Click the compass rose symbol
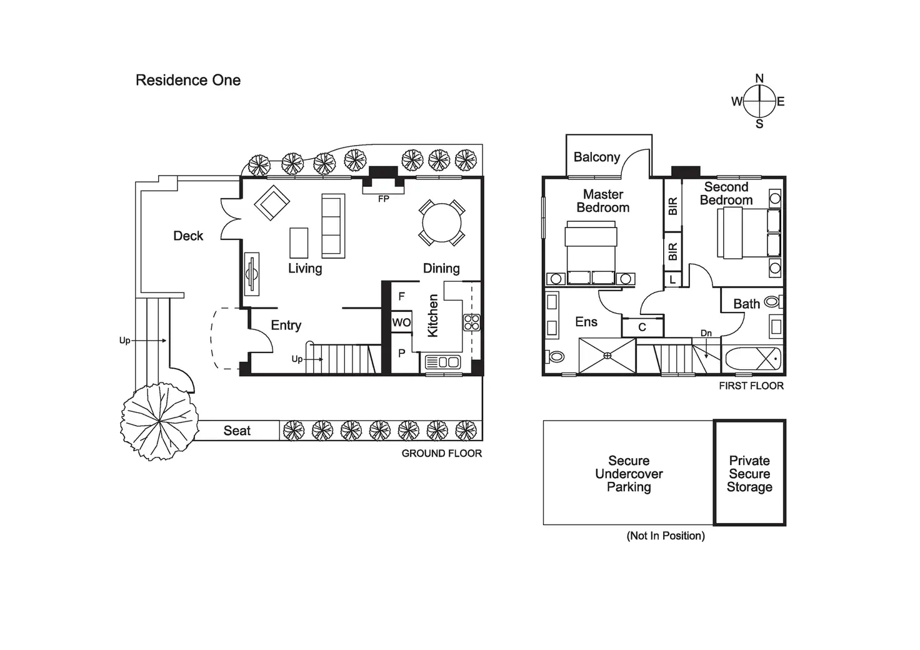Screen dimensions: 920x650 tap(759, 101)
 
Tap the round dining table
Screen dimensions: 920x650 tap(442, 222)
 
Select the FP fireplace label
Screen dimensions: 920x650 tap(383, 199)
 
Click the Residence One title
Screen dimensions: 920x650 tap(188, 80)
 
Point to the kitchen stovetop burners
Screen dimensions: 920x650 tap(472, 322)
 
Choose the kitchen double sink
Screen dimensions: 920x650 tap(442, 362)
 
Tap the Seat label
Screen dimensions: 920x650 tap(237, 431)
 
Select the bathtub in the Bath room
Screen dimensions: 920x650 tap(752, 359)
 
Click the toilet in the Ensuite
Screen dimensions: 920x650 tap(555, 356)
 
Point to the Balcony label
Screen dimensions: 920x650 tap(597, 157)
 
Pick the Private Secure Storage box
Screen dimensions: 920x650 tap(749, 473)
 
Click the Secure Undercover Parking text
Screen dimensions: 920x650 tap(629, 474)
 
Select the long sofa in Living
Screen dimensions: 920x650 tap(333, 226)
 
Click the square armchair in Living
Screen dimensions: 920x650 tap(272, 202)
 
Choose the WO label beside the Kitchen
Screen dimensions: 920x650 tap(401, 322)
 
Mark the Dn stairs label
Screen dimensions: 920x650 tap(706, 333)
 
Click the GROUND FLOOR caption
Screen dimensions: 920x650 tap(442, 453)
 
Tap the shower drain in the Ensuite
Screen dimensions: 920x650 tap(607, 356)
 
